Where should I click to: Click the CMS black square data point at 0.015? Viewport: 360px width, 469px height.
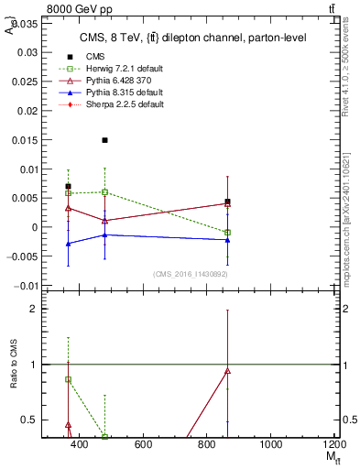(x=105, y=140)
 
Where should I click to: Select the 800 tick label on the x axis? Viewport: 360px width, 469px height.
(x=206, y=444)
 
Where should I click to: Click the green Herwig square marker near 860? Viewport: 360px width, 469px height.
(x=227, y=233)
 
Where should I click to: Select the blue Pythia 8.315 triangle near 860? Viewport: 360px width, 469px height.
(x=227, y=240)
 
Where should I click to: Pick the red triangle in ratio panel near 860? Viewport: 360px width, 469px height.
(x=227, y=371)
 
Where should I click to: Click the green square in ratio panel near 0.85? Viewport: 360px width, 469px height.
(x=68, y=379)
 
